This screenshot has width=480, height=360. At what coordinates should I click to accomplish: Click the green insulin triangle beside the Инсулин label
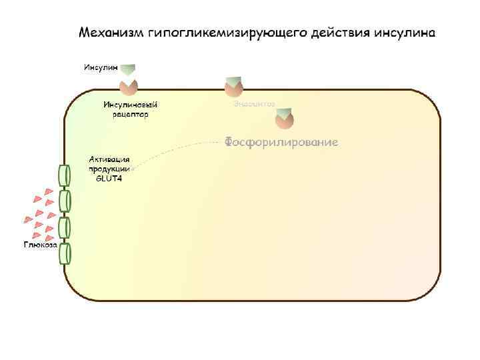click(128, 70)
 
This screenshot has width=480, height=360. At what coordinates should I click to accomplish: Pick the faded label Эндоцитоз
click(254, 105)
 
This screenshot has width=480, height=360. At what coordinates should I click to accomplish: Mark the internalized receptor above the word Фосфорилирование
click(284, 121)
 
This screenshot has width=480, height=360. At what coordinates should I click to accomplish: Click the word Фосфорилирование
click(281, 142)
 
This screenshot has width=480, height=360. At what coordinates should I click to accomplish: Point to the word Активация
click(110, 160)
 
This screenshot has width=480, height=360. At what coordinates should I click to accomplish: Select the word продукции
click(110, 169)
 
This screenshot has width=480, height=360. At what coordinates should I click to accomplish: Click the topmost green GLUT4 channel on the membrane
click(65, 175)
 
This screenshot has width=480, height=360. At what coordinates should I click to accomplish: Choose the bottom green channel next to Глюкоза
click(65, 253)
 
